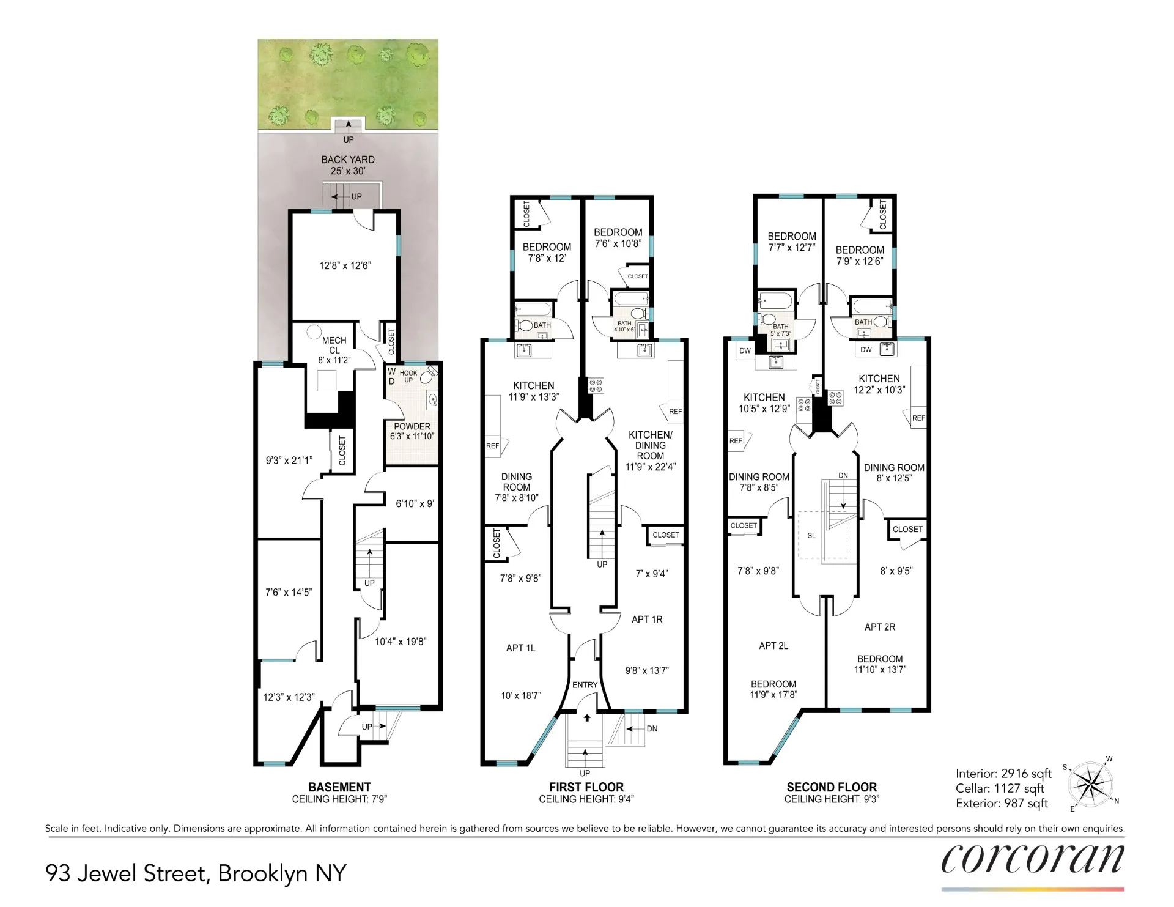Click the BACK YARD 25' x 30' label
348,165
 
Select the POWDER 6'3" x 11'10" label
412,431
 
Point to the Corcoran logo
1032,859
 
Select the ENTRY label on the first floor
585,685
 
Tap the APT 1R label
647,620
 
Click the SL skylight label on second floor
811,536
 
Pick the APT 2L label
773,646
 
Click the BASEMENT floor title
339,787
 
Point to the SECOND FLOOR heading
832,787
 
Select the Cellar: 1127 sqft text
1000,789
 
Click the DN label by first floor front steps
652,729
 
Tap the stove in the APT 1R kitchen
596,385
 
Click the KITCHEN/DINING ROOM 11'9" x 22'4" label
650,451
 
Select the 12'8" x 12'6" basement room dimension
345,266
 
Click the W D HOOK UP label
402,376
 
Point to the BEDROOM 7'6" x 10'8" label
618,238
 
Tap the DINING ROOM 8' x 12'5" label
894,473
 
